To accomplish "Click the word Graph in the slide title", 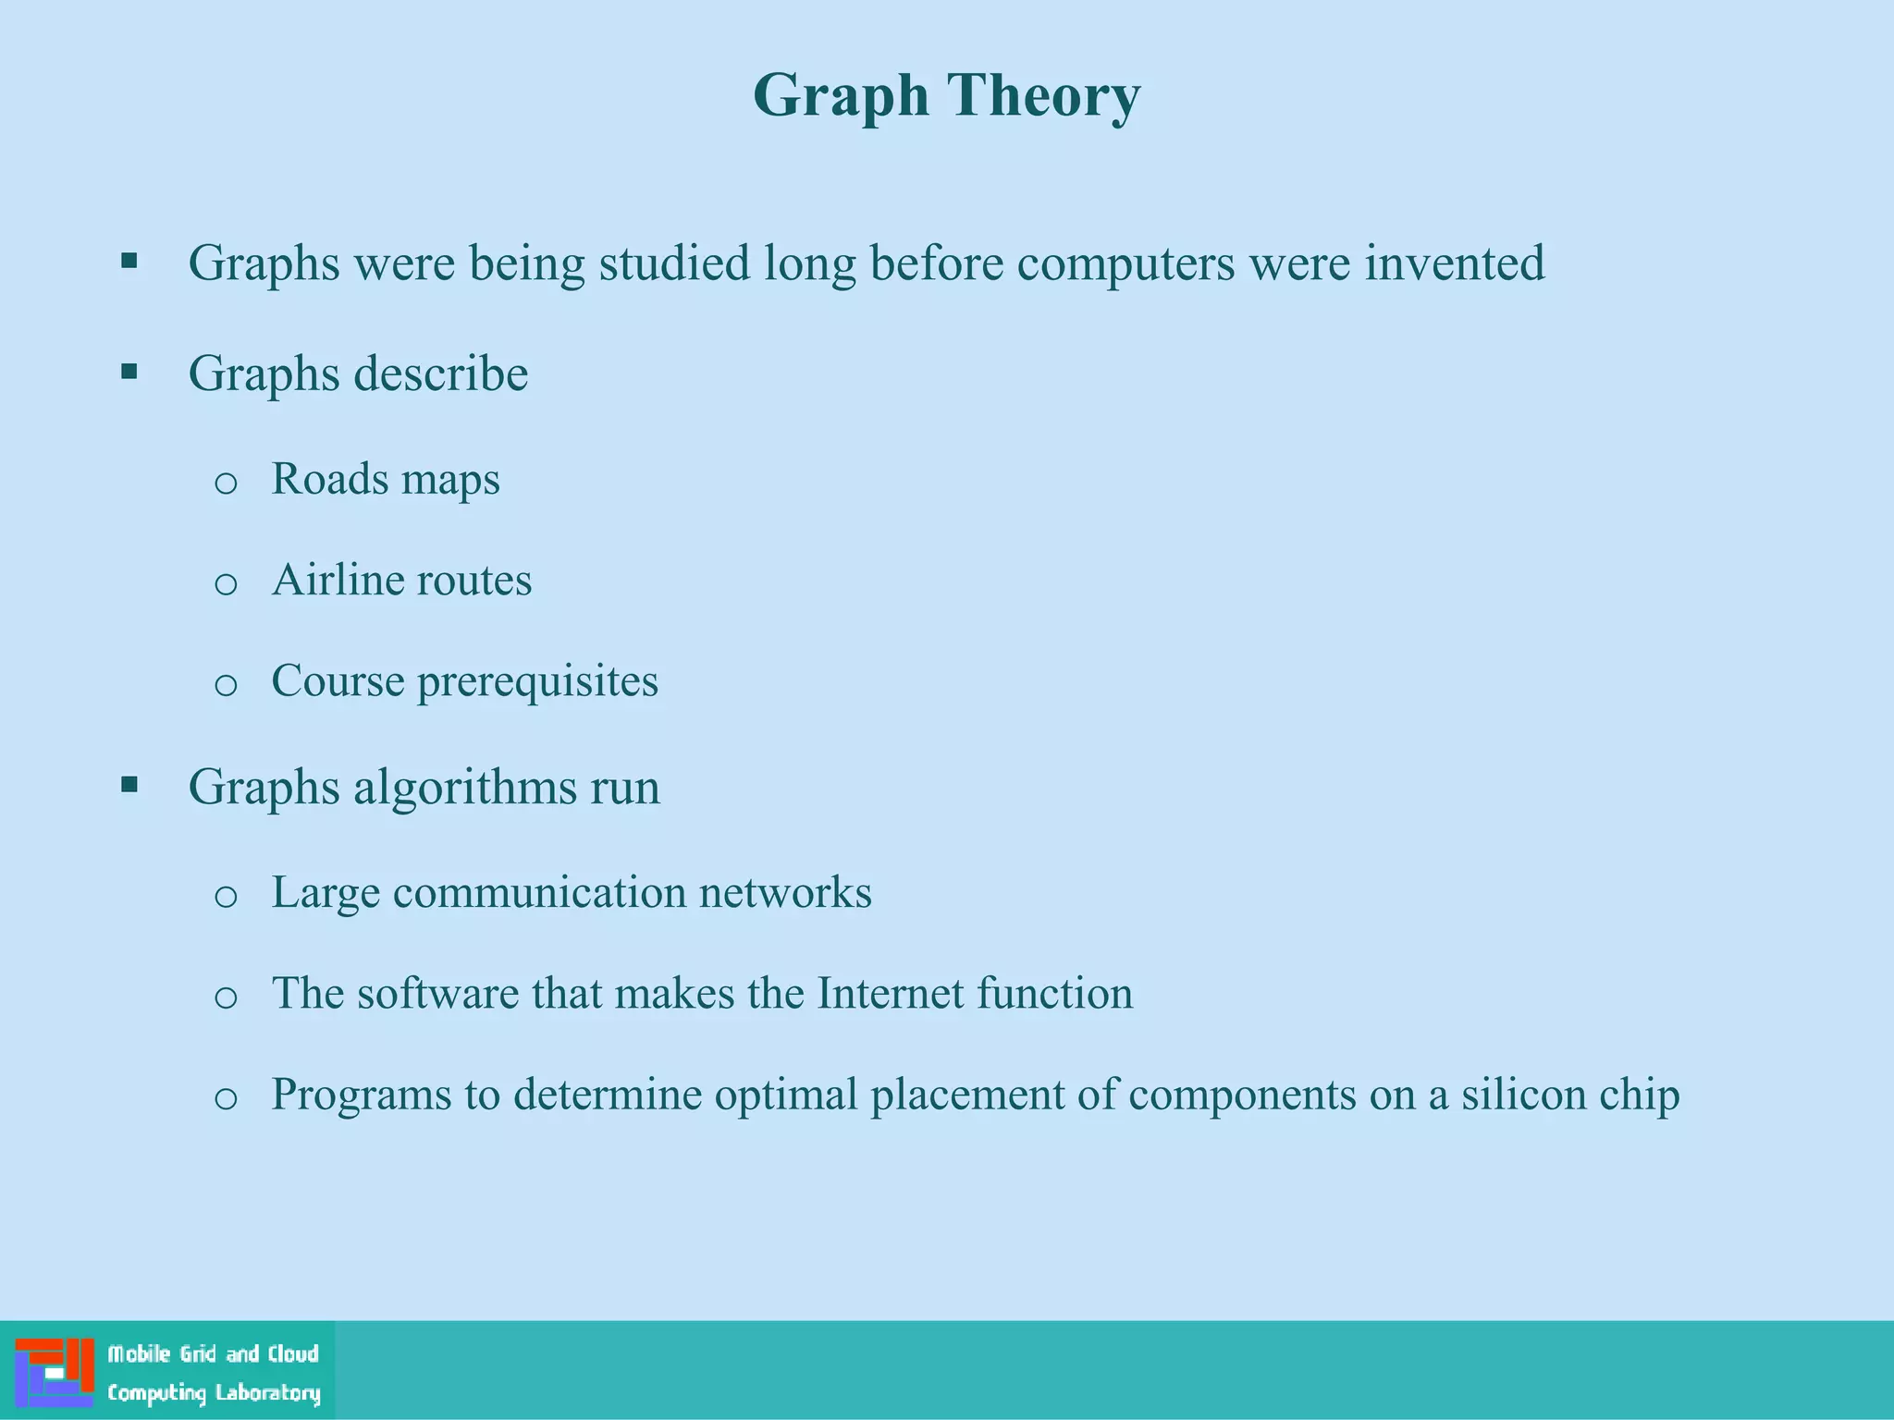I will [840, 96].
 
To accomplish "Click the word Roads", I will [330, 479].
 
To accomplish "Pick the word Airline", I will [338, 581].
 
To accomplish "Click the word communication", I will [539, 893].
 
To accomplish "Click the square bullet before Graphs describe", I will [129, 372].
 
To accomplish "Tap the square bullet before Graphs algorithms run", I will [129, 785].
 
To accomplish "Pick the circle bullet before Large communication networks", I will [226, 897].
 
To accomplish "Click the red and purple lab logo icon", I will [55, 1372].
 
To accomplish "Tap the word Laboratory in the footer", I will [268, 1393].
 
